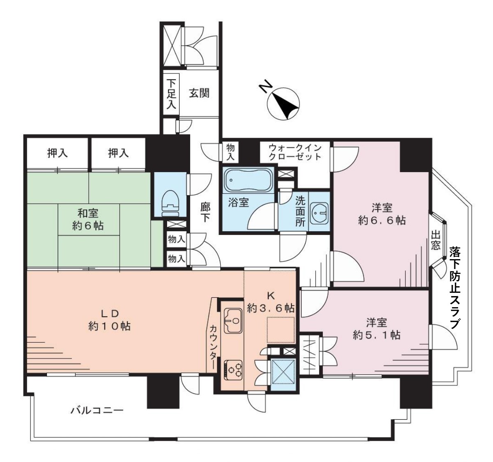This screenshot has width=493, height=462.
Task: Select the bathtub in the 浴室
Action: pos(248,180)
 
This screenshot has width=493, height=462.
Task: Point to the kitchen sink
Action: pos(233,320)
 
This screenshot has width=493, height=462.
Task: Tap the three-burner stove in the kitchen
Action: pos(233,370)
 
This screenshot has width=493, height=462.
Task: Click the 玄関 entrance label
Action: pos(199,93)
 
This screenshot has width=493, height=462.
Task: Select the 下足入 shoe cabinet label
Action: pos(171,94)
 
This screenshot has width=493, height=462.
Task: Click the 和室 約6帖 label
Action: pos(88,219)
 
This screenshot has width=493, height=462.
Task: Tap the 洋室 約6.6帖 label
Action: pos(382,214)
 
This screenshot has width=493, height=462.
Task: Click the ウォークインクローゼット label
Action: pos(295,152)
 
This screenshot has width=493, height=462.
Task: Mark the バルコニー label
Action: pos(97,410)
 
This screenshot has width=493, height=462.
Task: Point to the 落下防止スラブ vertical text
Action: pos(455,287)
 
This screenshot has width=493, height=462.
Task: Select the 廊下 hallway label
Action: pos(205,212)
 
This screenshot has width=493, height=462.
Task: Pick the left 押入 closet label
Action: pos(58,153)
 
